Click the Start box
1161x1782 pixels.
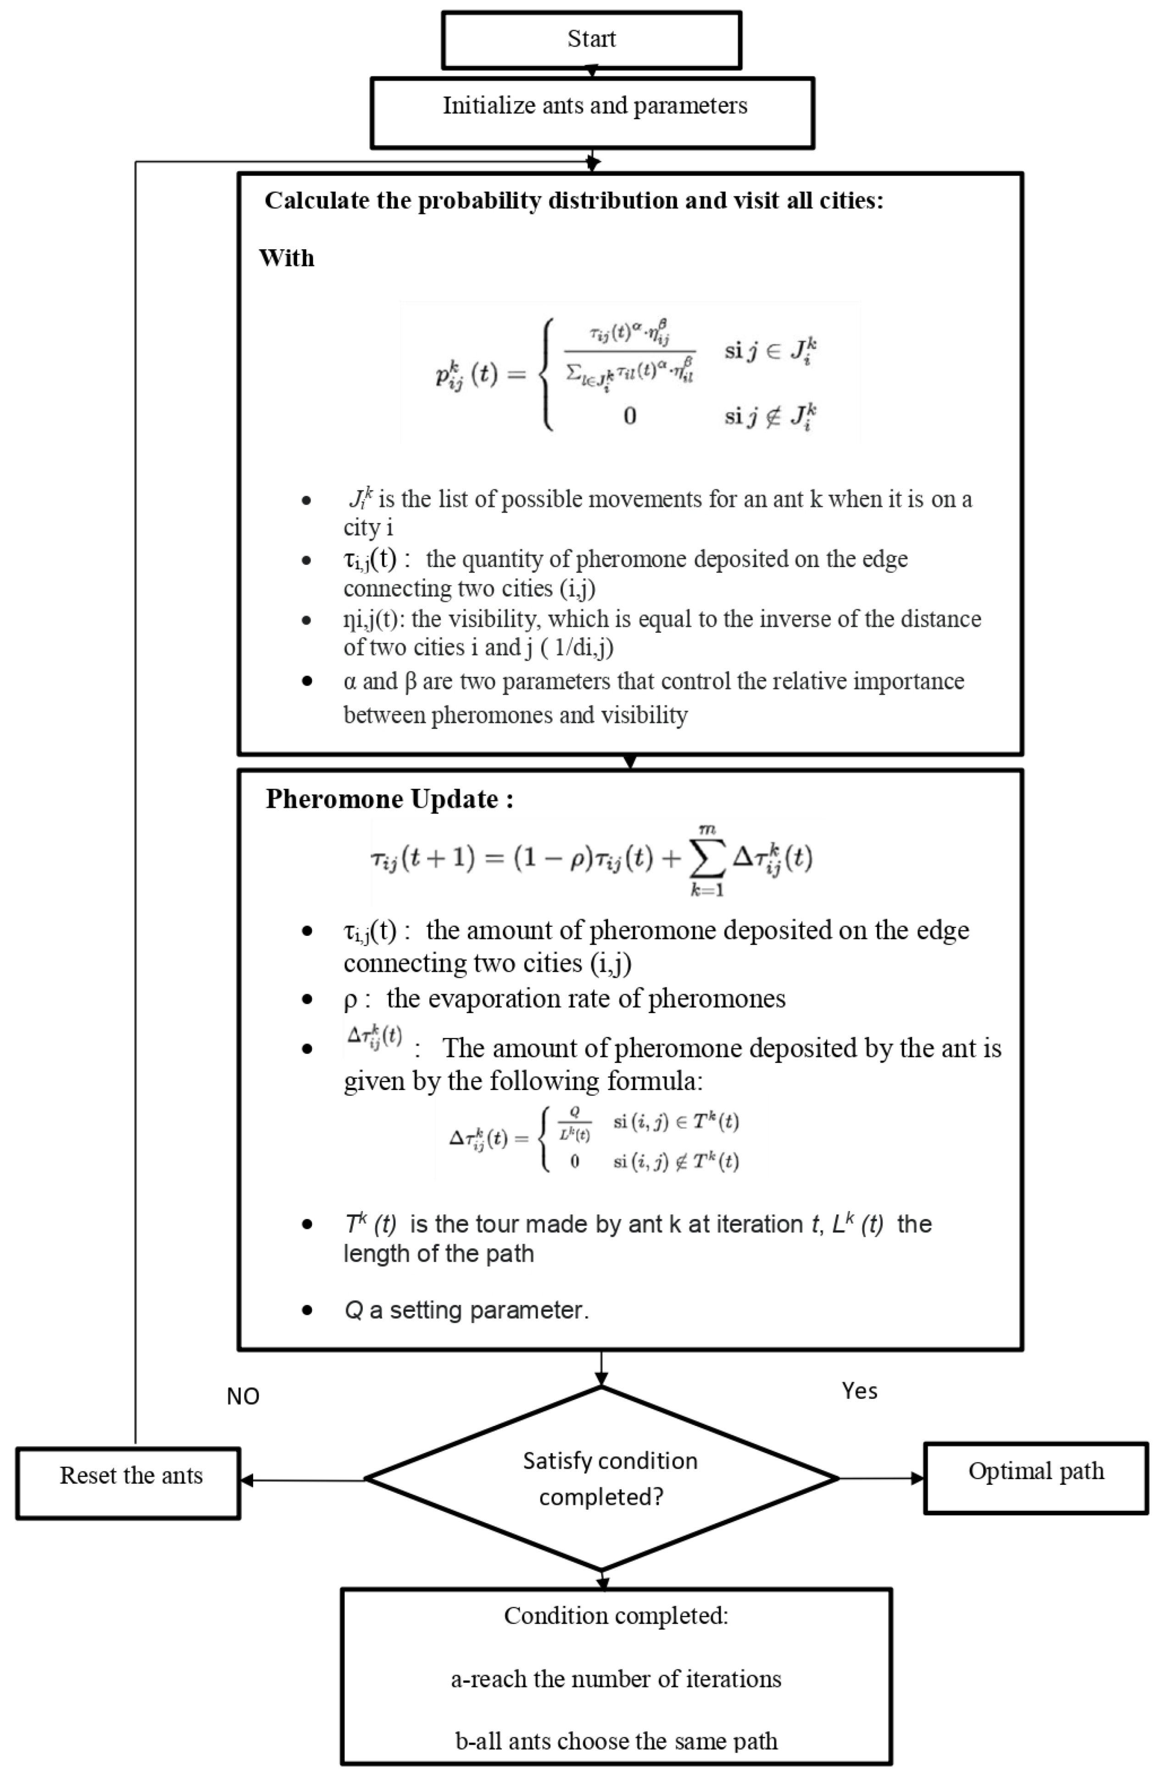click(x=591, y=39)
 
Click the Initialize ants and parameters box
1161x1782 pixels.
click(x=592, y=112)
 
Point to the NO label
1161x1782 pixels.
click(x=243, y=1397)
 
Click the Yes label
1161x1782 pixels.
click(x=859, y=1391)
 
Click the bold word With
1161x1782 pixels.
click(x=286, y=258)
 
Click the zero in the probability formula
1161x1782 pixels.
click(x=629, y=416)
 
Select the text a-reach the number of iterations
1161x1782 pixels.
click(x=615, y=1679)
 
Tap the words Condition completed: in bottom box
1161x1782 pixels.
click(x=615, y=1616)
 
